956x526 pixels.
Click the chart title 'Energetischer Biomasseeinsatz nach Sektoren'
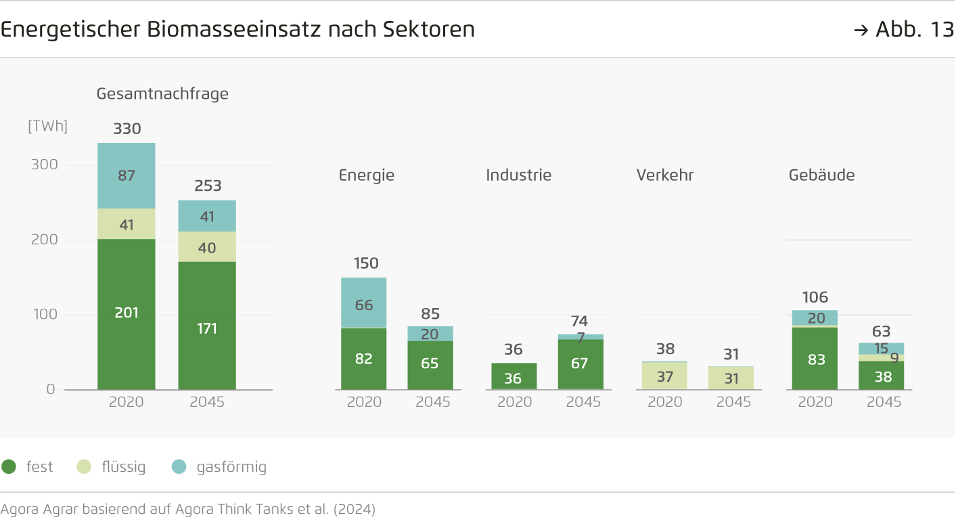point(237,30)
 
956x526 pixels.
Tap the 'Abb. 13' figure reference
point(904,30)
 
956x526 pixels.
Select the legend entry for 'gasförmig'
point(231,467)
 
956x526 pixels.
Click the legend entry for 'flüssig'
point(122,467)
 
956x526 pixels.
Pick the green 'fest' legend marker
point(9,467)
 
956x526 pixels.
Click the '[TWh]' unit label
point(47,127)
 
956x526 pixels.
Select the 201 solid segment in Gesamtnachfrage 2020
point(127,313)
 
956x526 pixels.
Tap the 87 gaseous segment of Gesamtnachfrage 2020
point(127,175)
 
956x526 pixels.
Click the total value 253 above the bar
point(208,186)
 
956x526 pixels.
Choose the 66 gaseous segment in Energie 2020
point(364,305)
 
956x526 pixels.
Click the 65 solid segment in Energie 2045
point(430,364)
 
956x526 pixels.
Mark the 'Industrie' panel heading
point(518,175)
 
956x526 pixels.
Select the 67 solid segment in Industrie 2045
point(581,364)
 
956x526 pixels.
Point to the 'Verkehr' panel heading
point(664,175)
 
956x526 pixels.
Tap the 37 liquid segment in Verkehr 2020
point(664,376)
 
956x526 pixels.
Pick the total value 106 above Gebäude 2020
point(815,297)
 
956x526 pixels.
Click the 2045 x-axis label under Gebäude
point(884,402)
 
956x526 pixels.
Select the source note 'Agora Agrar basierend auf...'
point(188,509)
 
